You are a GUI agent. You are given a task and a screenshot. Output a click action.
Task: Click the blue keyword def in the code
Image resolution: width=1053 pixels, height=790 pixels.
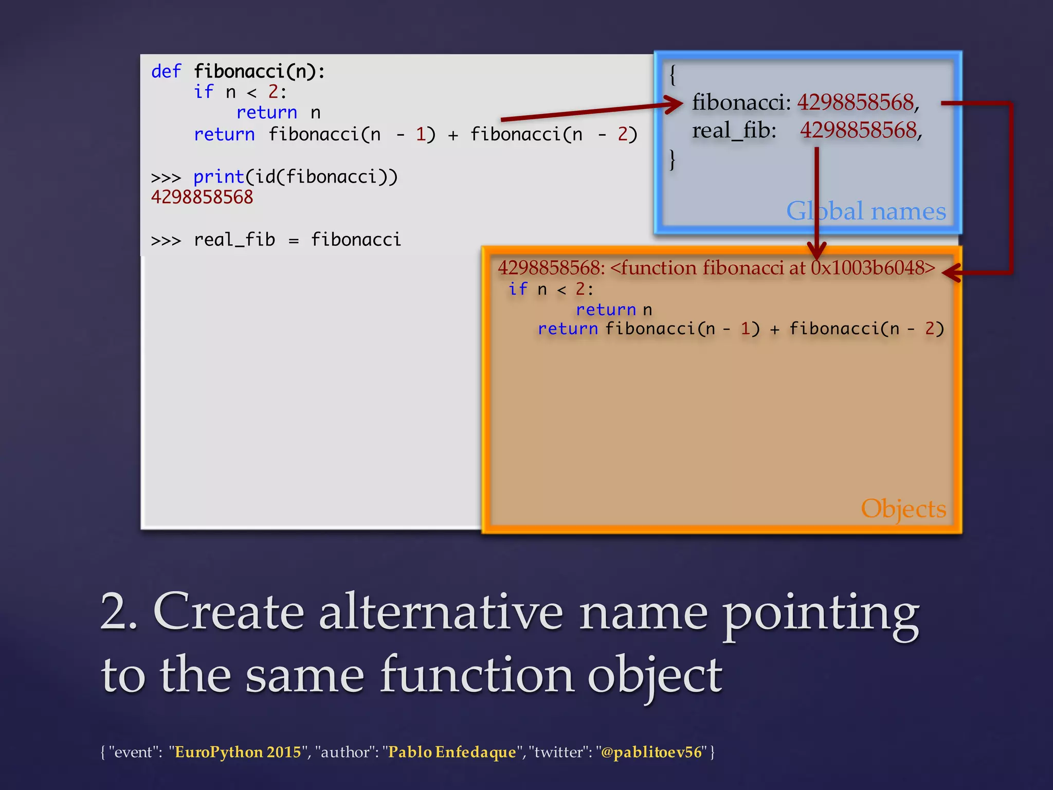coord(166,71)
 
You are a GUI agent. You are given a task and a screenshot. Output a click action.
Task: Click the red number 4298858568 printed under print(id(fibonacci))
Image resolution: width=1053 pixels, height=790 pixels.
coord(202,197)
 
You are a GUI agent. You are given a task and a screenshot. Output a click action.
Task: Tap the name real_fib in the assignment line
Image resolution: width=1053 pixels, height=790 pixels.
coord(234,240)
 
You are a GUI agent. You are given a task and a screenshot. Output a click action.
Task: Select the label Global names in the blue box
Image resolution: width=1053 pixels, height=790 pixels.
coord(866,211)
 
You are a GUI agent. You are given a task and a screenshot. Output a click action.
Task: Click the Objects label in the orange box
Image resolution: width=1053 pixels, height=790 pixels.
coord(903,509)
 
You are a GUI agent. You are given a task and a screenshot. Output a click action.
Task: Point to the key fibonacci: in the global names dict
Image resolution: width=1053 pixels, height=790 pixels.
coord(741,102)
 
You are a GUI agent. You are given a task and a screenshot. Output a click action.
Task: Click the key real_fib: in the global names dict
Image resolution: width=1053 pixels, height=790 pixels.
coord(734,131)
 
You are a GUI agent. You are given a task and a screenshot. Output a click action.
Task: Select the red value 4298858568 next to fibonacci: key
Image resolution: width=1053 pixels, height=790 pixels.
coord(856,102)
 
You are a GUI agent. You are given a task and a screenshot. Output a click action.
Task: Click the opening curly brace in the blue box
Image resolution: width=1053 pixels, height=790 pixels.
coord(672,75)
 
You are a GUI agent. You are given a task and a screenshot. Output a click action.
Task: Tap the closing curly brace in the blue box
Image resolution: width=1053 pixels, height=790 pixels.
coord(672,160)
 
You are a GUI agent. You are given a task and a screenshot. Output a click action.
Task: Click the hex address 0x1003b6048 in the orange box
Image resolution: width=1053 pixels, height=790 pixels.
coord(872,268)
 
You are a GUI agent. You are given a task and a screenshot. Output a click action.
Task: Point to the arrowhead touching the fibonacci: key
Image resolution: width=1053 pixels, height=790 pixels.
coord(675,104)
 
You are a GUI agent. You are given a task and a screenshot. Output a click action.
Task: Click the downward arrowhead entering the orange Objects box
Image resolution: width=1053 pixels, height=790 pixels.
coord(816,250)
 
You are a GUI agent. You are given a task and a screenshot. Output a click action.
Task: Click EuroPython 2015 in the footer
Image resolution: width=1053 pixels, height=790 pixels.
coord(238,752)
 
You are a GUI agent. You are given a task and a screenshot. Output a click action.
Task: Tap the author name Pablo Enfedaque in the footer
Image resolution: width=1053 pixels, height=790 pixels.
coord(451,752)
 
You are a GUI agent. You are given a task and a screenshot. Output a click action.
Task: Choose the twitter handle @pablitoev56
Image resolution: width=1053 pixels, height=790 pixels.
coord(651,752)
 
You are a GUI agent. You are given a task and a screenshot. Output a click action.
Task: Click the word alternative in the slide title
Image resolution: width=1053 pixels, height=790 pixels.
coord(441,612)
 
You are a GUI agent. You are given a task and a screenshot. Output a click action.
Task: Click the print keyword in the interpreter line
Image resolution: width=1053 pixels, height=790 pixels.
coord(219,177)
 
